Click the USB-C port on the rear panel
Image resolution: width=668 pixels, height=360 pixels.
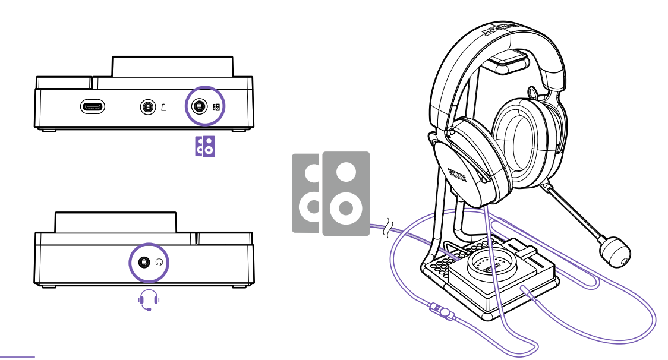click(x=93, y=107)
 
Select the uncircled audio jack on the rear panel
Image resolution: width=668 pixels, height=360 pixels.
click(x=146, y=108)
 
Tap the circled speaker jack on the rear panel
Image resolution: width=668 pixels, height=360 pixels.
click(x=200, y=107)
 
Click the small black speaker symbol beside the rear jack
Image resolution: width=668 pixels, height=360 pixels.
click(x=216, y=108)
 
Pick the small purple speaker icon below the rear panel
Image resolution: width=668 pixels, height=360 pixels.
click(x=205, y=146)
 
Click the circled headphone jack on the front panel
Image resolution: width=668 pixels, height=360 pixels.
click(x=143, y=262)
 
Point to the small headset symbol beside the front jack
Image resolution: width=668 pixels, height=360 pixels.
click(x=159, y=262)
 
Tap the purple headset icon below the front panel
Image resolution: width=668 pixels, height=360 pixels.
click(x=149, y=300)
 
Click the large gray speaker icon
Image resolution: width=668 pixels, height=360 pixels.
click(x=331, y=193)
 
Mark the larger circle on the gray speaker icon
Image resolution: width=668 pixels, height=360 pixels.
click(x=346, y=209)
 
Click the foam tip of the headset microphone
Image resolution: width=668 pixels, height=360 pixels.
click(x=614, y=250)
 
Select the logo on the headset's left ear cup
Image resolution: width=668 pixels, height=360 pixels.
click(x=458, y=176)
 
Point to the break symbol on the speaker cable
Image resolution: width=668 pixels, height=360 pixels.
click(x=387, y=227)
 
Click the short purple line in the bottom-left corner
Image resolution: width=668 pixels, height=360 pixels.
click(x=18, y=356)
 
